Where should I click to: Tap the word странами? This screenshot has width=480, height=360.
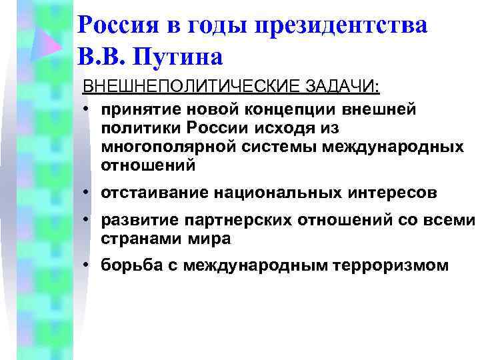tap(133, 239)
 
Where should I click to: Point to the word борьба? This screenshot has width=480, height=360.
tap(128, 265)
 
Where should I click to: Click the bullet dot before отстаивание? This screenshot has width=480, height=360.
tap(87, 193)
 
